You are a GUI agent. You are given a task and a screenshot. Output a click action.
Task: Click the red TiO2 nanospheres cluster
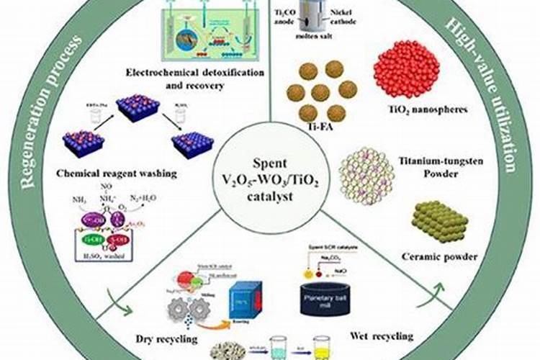[x=406, y=68]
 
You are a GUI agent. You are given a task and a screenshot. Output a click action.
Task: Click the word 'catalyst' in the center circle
[x=269, y=193]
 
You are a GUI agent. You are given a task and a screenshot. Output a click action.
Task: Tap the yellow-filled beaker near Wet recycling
[x=321, y=348]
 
